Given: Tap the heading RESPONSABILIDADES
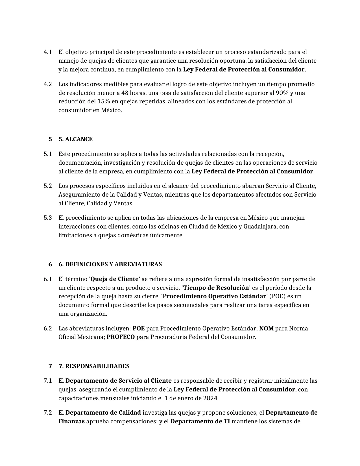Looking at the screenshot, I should click(97, 366).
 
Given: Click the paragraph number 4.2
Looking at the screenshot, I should click(48, 84).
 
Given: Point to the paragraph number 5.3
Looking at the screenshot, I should click(48, 218).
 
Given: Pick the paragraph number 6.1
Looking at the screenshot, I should click(48, 279).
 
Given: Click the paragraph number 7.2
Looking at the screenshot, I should click(48, 413).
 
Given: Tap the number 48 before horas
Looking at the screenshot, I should click(125, 93).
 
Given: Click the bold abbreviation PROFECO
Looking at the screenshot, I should click(121, 337).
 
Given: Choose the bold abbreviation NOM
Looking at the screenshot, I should click(266, 328).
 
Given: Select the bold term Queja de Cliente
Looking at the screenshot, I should click(115, 279).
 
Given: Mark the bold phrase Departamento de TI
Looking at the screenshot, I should click(200, 421).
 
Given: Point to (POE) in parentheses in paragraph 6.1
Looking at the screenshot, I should click(278, 296).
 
